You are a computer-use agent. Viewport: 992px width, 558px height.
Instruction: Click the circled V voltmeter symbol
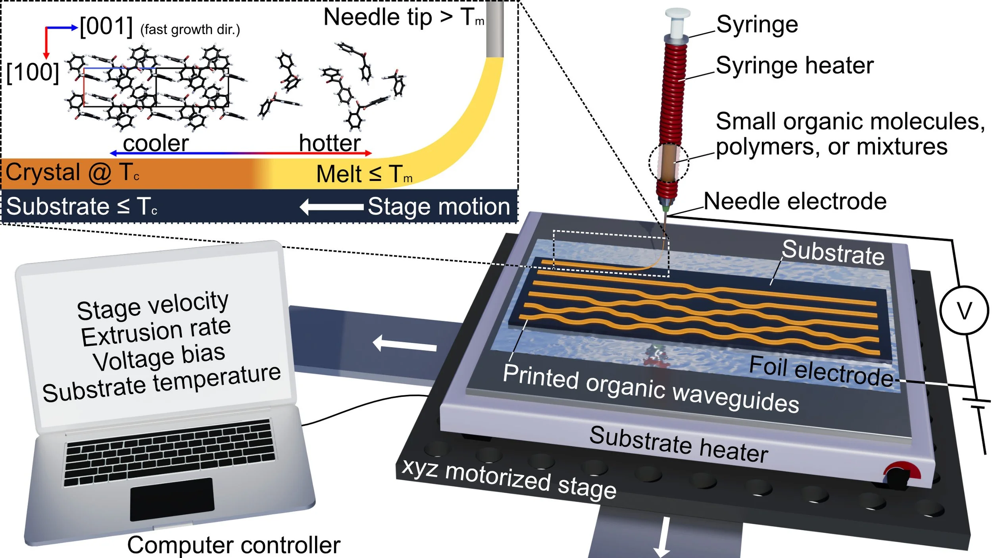[x=964, y=310]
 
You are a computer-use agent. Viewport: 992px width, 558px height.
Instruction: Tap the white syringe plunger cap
[x=677, y=15]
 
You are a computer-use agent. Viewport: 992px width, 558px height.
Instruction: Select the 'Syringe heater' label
[x=795, y=65]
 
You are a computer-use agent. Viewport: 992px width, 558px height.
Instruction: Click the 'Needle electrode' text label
[x=795, y=201]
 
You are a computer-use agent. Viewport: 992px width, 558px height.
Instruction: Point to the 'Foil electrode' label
[x=821, y=371]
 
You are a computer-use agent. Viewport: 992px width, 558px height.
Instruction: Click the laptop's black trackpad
[x=172, y=499]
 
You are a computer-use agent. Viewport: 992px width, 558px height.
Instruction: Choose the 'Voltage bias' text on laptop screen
[x=159, y=358]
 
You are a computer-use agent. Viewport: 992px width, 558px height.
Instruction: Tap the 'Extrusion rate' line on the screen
[x=156, y=332]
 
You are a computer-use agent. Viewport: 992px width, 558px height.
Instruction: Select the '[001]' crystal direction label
[x=106, y=27]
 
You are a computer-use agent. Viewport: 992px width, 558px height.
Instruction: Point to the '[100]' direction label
[x=33, y=73]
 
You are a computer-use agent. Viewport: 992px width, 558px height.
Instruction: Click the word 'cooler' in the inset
[x=156, y=143]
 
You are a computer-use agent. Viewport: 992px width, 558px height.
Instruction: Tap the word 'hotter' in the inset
[x=330, y=143]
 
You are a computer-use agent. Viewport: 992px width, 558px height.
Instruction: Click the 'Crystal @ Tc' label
[x=73, y=173]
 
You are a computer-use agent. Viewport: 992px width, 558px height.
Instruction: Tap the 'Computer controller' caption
[x=234, y=545]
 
